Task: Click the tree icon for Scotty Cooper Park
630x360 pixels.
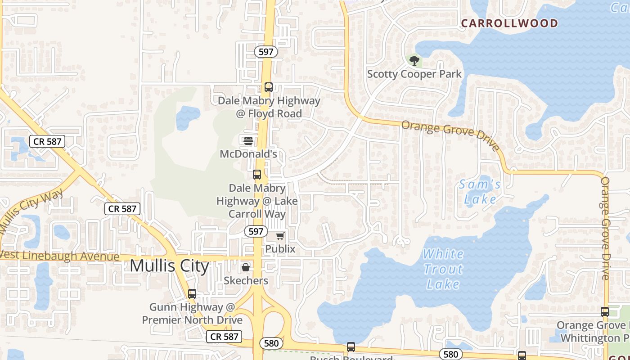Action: tap(414, 60)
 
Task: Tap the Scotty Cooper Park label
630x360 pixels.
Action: tap(414, 74)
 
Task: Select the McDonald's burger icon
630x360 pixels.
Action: tap(248, 141)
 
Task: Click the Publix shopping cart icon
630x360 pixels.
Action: tap(280, 236)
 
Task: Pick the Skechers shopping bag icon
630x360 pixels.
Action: tap(246, 268)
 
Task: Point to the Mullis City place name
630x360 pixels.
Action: tap(169, 265)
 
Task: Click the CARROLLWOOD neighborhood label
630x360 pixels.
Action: tap(509, 23)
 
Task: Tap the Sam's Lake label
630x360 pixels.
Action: tap(480, 192)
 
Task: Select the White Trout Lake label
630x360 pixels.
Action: tap(443, 269)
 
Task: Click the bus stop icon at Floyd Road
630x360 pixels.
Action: tap(269, 87)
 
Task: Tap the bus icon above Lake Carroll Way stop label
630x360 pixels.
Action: tap(257, 175)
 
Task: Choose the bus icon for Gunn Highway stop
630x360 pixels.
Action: tap(192, 294)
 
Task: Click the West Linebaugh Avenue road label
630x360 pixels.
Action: tap(61, 256)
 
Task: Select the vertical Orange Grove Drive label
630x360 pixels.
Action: tap(605, 228)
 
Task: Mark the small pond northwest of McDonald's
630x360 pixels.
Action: tap(188, 116)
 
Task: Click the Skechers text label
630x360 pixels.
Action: tap(246, 281)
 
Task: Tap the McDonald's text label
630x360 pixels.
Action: tap(248, 154)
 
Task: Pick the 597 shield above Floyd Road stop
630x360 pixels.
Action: tap(266, 52)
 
